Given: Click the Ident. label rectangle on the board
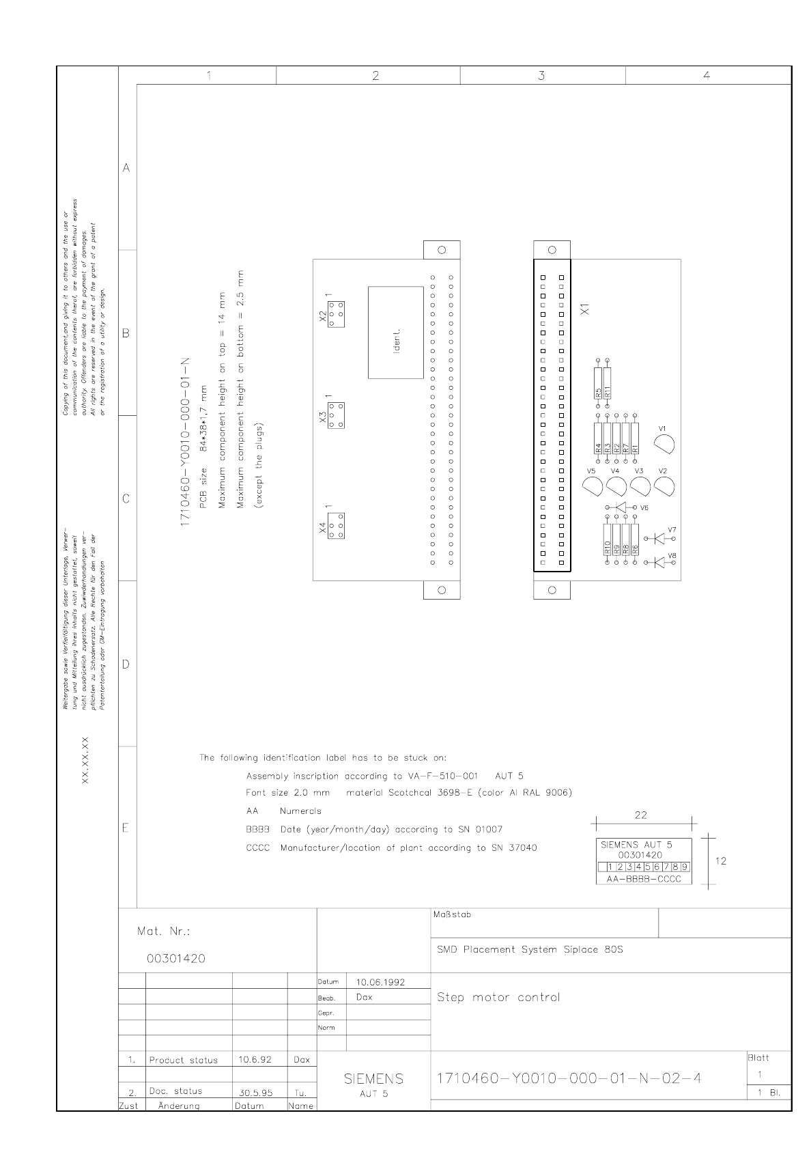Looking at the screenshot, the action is point(395,333).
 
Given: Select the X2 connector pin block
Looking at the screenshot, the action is point(335,314).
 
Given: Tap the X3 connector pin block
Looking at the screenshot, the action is point(335,415).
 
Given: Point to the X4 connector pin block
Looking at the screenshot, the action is point(335,526).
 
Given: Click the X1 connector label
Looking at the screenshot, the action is point(585,309).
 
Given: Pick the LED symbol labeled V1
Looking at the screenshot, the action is point(664,445).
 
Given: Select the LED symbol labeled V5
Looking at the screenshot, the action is point(593,486).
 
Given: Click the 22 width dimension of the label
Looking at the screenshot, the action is point(640,815).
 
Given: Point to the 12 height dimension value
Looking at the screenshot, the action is point(721,861).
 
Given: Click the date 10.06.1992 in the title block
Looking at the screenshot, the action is point(380,982).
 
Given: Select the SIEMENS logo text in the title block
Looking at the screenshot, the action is point(373,1079).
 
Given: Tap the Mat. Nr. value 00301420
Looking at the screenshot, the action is point(175,959).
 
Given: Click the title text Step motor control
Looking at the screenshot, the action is point(498,997).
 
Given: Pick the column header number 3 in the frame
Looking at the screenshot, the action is point(541,76).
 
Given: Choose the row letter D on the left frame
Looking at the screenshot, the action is point(126,664).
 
